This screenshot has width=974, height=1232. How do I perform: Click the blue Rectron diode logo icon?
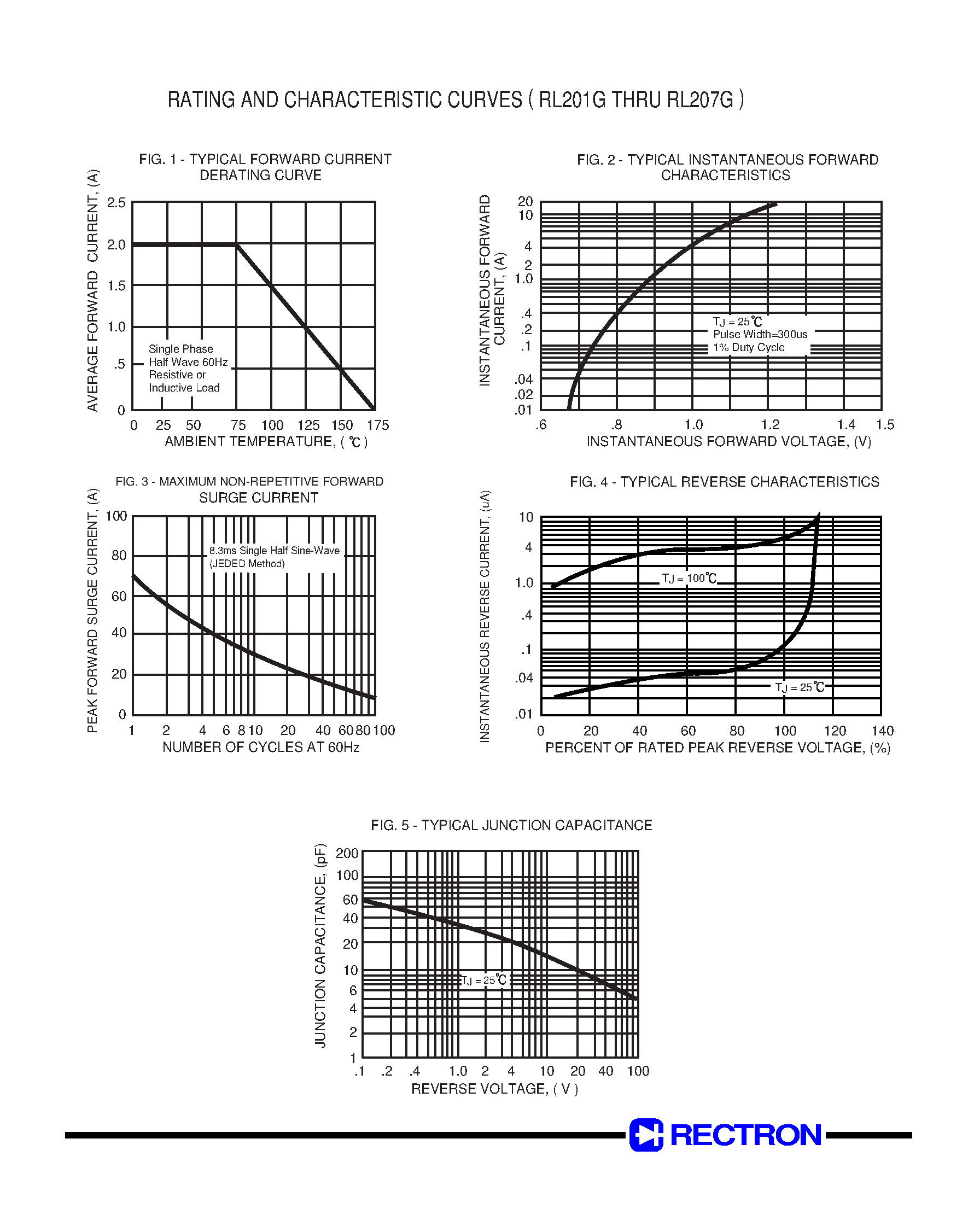point(645,1135)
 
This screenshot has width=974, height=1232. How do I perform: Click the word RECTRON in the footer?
point(745,1135)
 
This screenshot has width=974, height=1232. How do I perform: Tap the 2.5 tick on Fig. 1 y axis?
point(116,203)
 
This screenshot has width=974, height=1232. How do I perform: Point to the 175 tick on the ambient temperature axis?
point(377,425)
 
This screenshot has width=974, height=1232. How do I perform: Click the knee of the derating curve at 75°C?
point(237,245)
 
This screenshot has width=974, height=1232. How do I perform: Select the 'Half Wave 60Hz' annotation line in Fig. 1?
point(188,362)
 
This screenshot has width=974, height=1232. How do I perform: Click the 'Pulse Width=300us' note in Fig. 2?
point(760,335)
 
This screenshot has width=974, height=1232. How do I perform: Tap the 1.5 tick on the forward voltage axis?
point(884,425)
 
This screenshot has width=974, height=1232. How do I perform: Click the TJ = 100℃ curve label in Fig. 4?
point(689,579)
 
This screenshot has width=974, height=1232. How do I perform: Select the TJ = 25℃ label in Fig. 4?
point(800,687)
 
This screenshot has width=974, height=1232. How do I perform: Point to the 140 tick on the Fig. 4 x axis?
point(883,732)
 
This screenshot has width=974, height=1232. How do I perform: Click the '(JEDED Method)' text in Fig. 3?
point(247,564)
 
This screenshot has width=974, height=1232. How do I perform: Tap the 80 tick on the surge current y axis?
point(119,556)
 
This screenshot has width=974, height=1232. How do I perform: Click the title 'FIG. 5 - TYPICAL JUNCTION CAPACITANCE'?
point(511,826)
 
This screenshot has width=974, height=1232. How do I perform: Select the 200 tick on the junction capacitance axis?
point(347,854)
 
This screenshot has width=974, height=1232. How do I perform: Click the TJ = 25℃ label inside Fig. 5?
point(483,980)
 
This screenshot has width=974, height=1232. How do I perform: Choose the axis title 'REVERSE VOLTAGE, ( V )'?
point(494,1089)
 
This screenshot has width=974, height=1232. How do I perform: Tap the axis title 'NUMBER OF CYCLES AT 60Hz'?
point(261,748)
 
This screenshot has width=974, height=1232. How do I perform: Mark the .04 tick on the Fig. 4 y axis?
point(523,679)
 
